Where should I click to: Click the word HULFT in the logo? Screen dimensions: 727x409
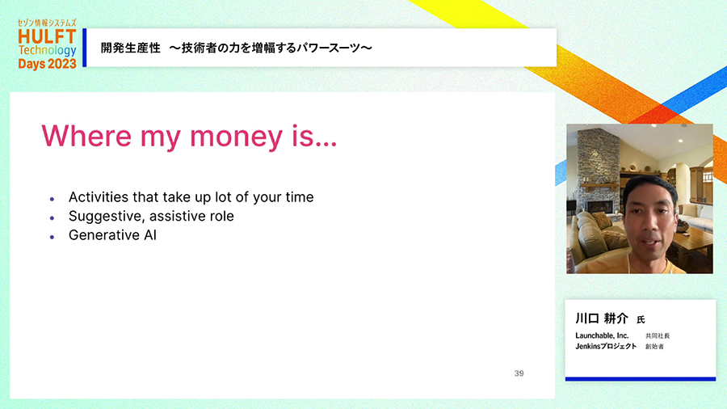[x=47, y=36]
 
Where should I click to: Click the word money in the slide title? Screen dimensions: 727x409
[x=236, y=136]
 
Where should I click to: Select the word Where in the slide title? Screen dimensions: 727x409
[x=86, y=136]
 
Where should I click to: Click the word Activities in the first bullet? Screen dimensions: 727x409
[x=99, y=197]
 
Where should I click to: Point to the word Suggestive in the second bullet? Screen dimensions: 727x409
[x=107, y=217]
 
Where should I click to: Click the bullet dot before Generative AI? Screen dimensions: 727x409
[x=52, y=237]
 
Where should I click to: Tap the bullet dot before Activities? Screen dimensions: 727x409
[x=52, y=199]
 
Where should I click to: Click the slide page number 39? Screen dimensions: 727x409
[x=519, y=373]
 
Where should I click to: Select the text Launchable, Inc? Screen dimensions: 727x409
[x=602, y=335]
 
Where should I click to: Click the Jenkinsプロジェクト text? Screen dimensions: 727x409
[x=606, y=347]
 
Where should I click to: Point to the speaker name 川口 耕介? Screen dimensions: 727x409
[x=602, y=318]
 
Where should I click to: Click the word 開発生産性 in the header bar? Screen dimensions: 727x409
[x=131, y=48]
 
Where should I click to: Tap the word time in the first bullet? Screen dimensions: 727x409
[x=300, y=197]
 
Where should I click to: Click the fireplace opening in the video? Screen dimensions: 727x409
[x=600, y=206]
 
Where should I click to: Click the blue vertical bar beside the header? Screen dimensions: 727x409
[x=84, y=48]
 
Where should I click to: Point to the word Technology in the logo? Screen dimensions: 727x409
[x=48, y=51]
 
